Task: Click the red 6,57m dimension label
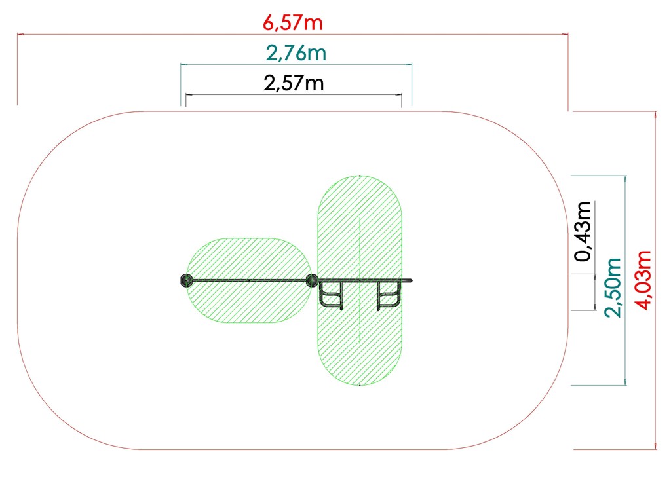(293, 23)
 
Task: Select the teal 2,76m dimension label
(296, 53)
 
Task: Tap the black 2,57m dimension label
(294, 83)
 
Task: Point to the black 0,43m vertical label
(583, 231)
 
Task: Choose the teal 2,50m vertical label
(613, 288)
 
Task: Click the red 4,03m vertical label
(643, 280)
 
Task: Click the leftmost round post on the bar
(187, 280)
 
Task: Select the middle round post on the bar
(312, 280)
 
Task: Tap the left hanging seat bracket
(332, 295)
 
